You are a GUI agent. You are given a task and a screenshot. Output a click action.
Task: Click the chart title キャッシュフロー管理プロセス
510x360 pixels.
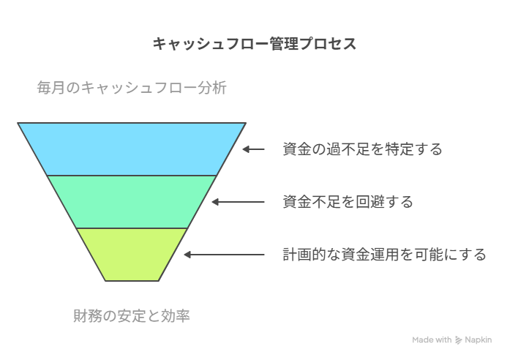click(x=255, y=44)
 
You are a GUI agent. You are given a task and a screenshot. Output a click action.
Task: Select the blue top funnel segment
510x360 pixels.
click(x=132, y=149)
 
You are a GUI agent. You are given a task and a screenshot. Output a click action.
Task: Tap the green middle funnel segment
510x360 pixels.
click(x=132, y=202)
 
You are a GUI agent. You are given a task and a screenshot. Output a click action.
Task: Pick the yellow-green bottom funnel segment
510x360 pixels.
click(x=132, y=255)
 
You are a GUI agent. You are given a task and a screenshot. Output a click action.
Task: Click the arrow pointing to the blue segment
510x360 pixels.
click(x=253, y=149)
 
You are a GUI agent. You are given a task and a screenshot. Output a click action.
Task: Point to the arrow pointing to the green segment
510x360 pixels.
click(x=238, y=202)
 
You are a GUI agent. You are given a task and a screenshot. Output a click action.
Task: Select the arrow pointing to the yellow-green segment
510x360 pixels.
click(x=224, y=255)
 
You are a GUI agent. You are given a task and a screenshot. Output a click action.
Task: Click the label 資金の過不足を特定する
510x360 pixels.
click(x=362, y=149)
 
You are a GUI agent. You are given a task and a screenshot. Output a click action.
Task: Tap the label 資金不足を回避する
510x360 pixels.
click(x=348, y=202)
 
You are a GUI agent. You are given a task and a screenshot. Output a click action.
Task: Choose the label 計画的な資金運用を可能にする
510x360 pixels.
click(x=384, y=255)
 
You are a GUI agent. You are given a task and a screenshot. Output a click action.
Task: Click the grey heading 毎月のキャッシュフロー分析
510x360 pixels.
click(x=132, y=88)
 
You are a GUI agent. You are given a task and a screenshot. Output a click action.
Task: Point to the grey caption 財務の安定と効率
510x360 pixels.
click(x=132, y=316)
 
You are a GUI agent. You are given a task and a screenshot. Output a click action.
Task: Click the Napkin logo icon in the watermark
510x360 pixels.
click(x=458, y=340)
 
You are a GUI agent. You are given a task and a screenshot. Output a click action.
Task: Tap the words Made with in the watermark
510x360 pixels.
click(x=432, y=340)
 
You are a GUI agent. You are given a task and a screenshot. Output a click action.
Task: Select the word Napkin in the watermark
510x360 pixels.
click(x=478, y=340)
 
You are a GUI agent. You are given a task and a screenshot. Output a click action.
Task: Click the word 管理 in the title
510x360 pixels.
click(x=284, y=44)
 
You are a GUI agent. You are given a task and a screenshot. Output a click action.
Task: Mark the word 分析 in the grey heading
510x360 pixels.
click(x=212, y=88)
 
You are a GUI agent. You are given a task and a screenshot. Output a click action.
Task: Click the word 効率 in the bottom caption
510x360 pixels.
click(x=176, y=316)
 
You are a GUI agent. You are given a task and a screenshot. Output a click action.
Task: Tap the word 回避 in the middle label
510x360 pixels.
click(x=370, y=202)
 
